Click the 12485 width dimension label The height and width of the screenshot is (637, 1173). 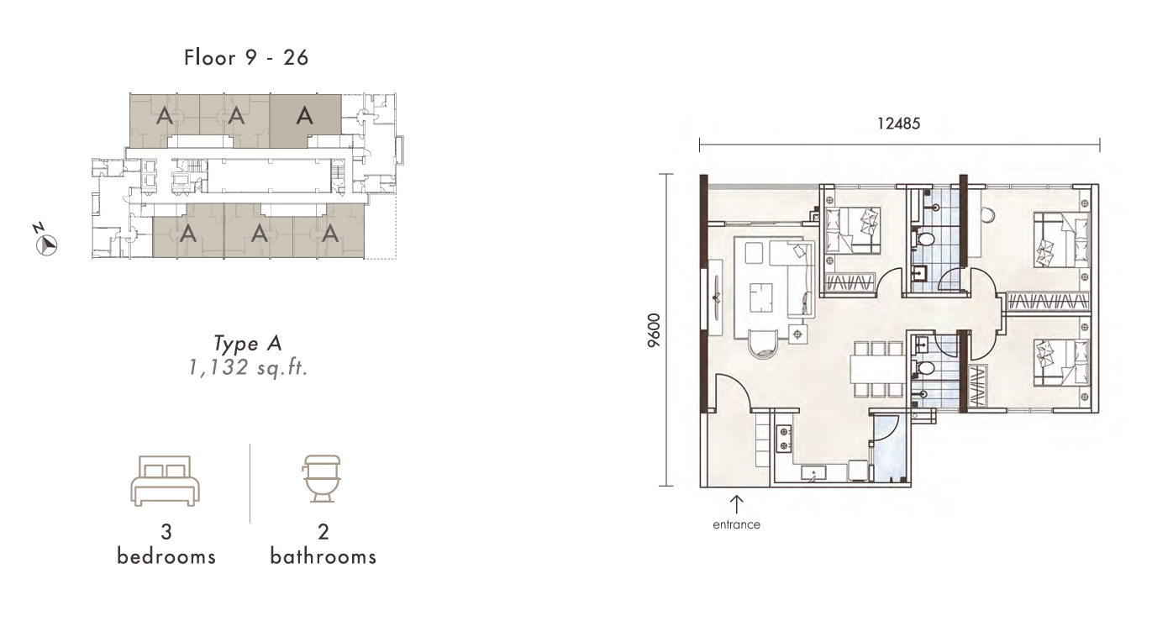pos(898,124)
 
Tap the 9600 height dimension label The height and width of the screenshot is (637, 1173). pos(654,330)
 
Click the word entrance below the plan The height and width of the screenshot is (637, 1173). pos(736,524)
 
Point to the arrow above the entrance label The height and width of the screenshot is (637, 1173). pos(737,504)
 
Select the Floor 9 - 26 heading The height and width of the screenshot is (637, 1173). pos(246,58)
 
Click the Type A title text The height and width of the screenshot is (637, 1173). pos(248,344)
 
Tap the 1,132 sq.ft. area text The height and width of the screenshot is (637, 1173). pos(248,368)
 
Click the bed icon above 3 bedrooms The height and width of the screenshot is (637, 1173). pos(165,481)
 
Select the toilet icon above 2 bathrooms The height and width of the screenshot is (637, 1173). pos(322,479)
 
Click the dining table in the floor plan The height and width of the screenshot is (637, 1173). pos(878,369)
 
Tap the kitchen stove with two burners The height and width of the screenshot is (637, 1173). pos(784,439)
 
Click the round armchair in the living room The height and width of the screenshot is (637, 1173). pos(764,345)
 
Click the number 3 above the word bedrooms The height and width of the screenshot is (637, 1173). pos(166,532)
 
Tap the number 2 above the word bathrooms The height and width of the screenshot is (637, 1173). pos(323,532)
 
